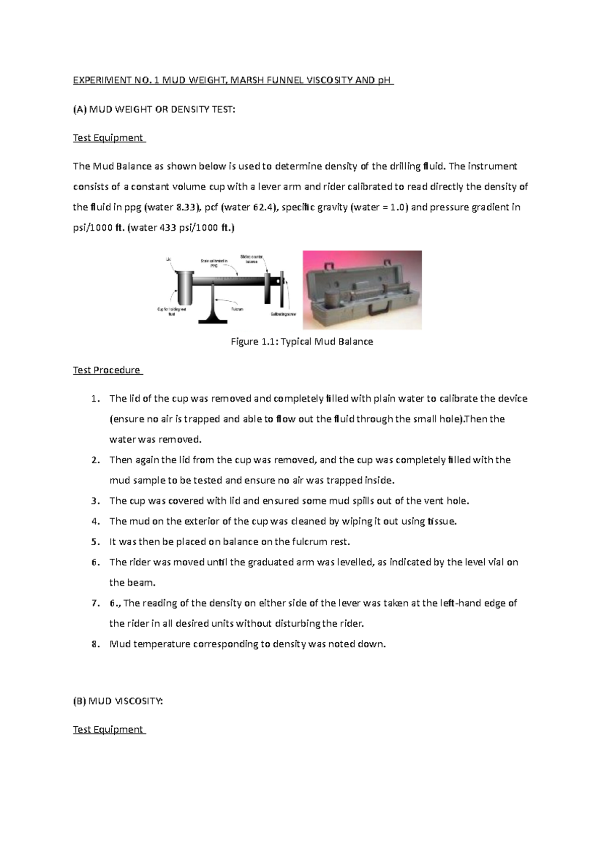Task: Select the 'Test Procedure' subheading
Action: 107,370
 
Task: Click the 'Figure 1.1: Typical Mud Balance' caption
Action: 301,342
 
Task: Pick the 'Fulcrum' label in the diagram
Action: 237,309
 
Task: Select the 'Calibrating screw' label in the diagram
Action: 283,314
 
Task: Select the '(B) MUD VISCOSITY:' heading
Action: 118,701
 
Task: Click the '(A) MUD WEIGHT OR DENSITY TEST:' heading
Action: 154,109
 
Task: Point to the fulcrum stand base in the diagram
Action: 213,319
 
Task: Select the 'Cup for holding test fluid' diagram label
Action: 172,311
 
